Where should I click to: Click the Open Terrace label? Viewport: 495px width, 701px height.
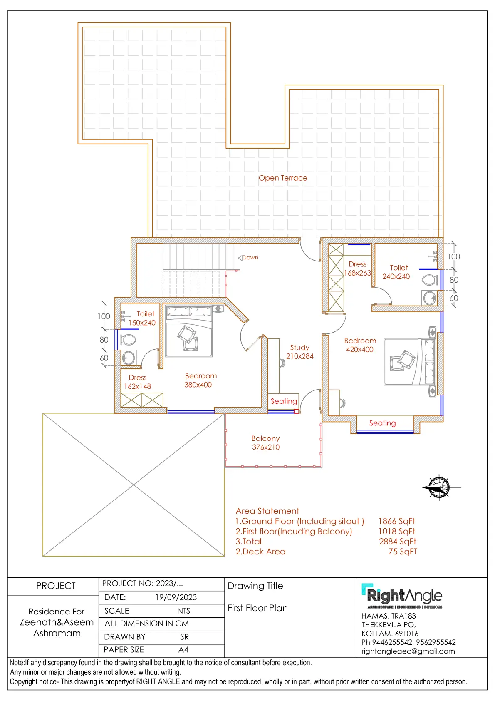283,178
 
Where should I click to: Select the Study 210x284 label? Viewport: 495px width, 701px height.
299,352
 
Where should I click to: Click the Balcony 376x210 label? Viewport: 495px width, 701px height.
266,442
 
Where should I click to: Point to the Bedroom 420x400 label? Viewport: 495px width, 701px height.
360,345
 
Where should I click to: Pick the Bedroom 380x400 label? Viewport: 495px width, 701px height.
200,380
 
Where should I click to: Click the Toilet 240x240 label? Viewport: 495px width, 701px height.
396,272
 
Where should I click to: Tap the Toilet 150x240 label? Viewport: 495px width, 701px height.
142,318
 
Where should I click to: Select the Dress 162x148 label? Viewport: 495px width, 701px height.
137,382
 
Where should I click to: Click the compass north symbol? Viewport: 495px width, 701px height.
439,487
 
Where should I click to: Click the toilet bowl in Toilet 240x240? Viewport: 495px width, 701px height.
430,280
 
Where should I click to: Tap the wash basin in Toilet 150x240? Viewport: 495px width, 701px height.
129,358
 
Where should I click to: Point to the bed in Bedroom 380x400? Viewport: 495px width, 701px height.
188,331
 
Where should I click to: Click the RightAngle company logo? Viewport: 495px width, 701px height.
402,596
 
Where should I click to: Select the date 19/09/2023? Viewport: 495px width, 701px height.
176,597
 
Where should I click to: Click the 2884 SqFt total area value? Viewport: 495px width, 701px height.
397,542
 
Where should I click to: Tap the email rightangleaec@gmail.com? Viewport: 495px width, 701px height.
408,651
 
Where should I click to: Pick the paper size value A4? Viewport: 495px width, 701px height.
183,650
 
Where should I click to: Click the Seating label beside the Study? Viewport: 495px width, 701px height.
284,401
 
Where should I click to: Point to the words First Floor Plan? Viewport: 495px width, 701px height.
257,608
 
